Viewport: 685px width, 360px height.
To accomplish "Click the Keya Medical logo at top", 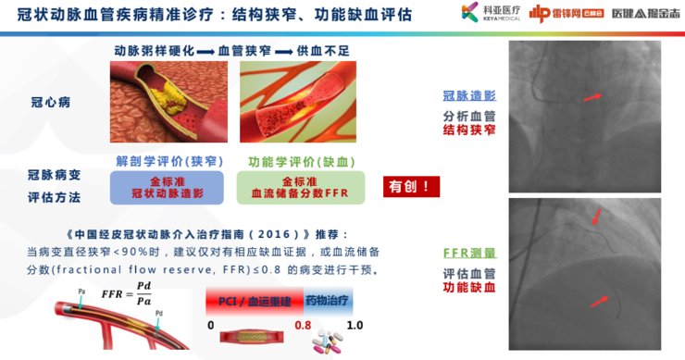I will tap(481, 16).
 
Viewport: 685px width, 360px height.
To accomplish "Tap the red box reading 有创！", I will tap(411, 186).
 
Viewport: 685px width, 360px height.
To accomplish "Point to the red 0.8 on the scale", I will tap(303, 326).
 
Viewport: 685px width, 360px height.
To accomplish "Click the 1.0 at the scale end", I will tap(355, 326).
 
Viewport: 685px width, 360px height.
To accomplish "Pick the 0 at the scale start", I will tap(211, 326).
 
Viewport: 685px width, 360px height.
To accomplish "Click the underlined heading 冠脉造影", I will tap(469, 95).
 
